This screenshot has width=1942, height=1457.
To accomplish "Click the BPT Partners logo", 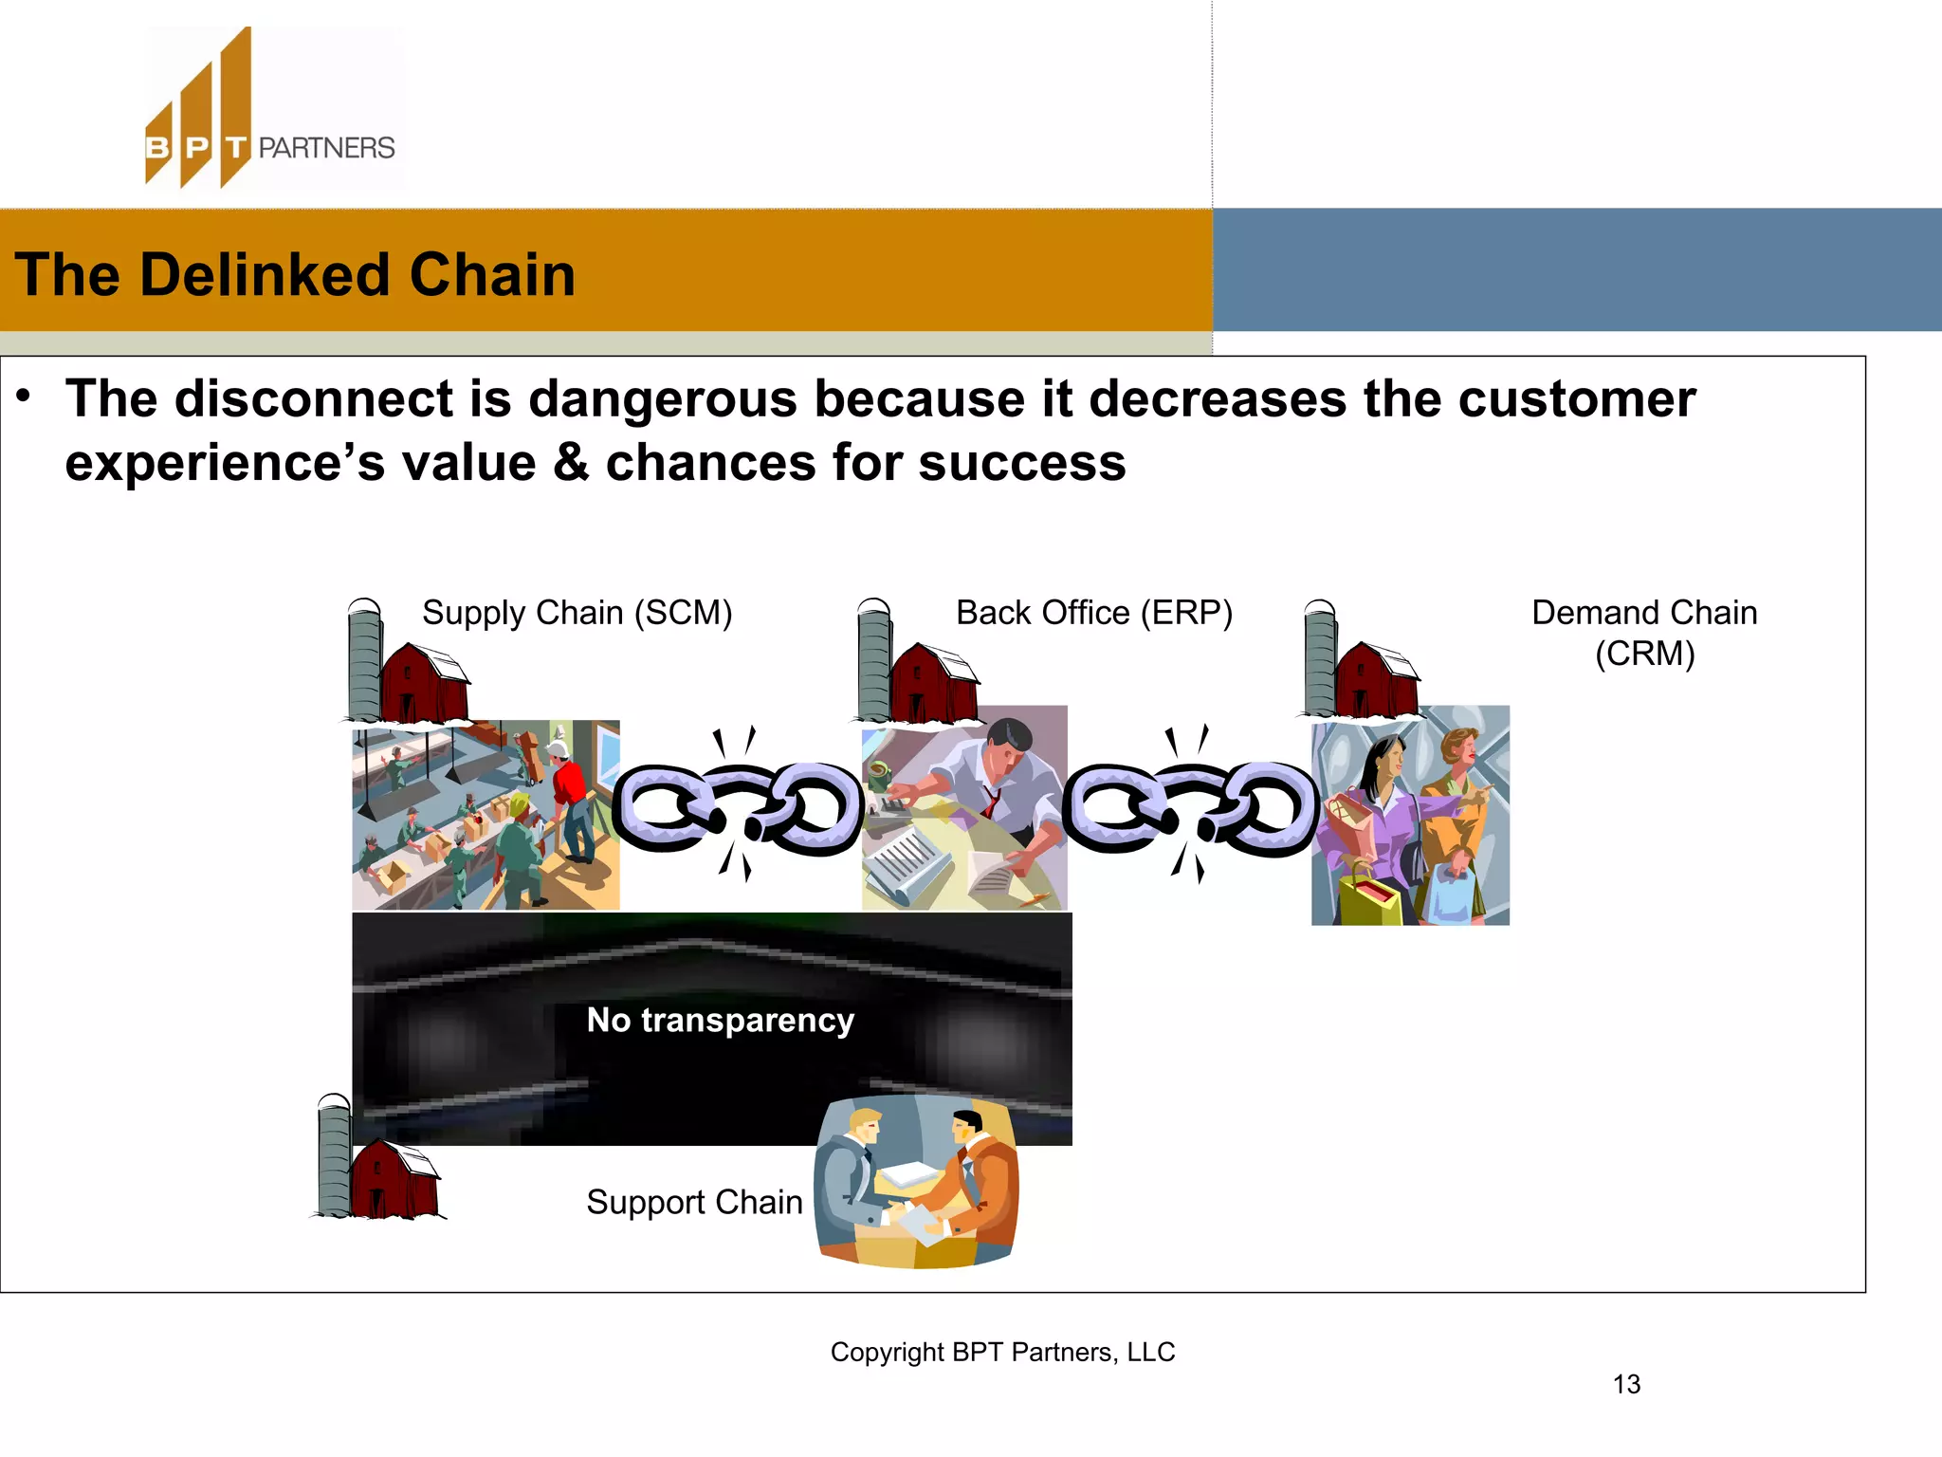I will click(270, 109).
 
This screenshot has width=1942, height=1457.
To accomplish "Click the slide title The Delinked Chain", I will click(295, 275).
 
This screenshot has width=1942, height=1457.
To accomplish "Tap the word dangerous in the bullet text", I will click(662, 398).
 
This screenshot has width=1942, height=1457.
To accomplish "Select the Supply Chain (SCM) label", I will click(577, 613).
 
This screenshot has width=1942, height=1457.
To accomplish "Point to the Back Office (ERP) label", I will click(1093, 613).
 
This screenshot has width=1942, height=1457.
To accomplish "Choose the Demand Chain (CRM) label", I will click(1644, 633).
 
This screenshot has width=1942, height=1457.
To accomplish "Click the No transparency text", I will click(721, 1020).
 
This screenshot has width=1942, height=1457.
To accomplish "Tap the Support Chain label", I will click(694, 1202).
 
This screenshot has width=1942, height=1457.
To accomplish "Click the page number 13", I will click(1626, 1384).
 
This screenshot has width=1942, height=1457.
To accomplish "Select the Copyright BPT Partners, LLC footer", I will click(1002, 1352).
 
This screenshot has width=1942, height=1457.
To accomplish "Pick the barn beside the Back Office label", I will click(918, 663).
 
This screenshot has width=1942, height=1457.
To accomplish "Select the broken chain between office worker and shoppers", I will click(1189, 806).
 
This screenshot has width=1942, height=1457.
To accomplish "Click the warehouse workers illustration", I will click(485, 815).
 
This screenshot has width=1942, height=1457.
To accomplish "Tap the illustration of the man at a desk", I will click(964, 808).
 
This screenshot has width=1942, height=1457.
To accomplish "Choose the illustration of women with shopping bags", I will click(1410, 816).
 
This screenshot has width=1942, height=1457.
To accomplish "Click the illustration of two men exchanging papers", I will click(916, 1181).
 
